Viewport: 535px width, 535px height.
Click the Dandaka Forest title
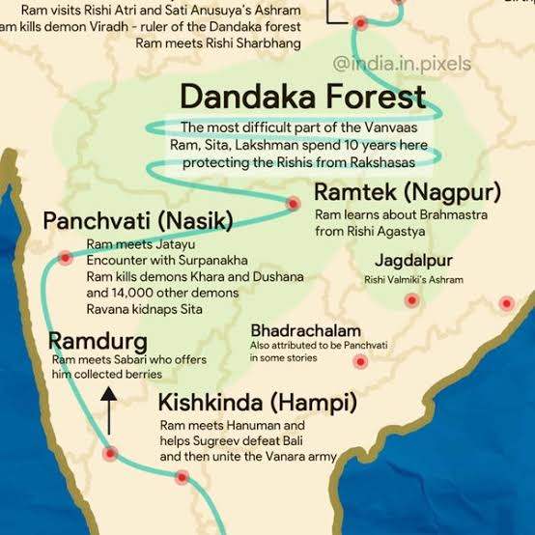pyautogui.click(x=302, y=97)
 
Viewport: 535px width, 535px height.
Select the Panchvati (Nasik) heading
pyautogui.click(x=138, y=221)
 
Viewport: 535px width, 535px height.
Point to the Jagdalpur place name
pyautogui.click(x=414, y=262)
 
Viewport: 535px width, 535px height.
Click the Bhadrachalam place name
pyautogui.click(x=305, y=330)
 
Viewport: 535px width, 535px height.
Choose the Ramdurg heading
pyautogui.click(x=99, y=342)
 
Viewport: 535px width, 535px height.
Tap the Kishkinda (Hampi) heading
pyautogui.click(x=258, y=402)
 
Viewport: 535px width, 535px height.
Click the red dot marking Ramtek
pyautogui.click(x=294, y=203)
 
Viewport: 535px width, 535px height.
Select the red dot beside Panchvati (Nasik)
pyautogui.click(x=65, y=258)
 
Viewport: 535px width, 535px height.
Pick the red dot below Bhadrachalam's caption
pyautogui.click(x=360, y=363)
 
